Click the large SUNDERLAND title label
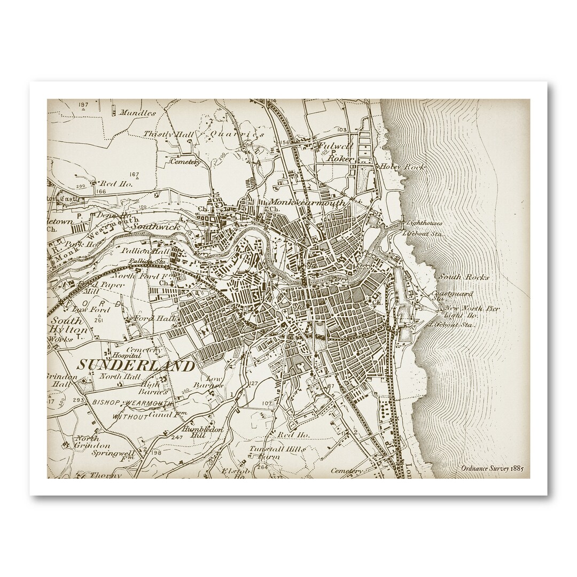[x=137, y=366]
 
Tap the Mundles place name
[x=138, y=113]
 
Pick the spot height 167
[x=134, y=174]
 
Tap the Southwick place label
[x=152, y=227]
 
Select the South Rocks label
[x=455, y=277]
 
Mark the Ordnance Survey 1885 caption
[x=492, y=467]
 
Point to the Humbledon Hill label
[x=199, y=433]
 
